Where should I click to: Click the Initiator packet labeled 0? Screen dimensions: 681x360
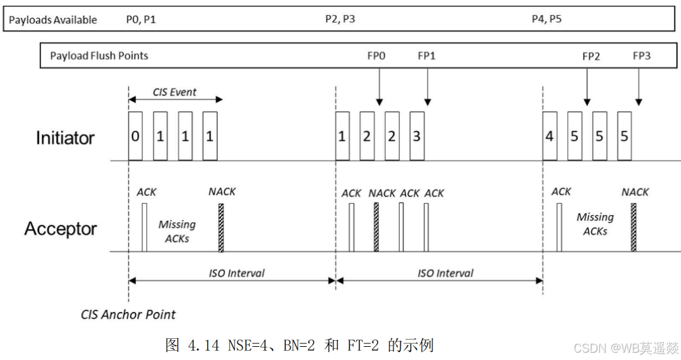tap(135, 136)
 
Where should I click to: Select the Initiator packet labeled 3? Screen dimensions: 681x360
tap(417, 136)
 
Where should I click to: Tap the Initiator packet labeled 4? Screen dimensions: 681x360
tap(550, 136)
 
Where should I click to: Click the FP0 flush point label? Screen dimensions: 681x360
tap(376, 55)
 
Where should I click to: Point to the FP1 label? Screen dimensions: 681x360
tap(427, 55)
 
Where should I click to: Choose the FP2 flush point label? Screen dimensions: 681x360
tap(591, 56)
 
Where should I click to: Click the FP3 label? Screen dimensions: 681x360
tap(641, 55)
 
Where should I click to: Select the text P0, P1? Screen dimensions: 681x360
tap(140, 20)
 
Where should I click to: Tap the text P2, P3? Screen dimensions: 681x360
tap(340, 19)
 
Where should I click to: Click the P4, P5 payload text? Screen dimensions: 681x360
tap(547, 19)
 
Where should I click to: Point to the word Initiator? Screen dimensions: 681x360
tap(65, 138)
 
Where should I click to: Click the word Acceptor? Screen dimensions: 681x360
tap(61, 228)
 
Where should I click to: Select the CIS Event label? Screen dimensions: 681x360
tap(174, 92)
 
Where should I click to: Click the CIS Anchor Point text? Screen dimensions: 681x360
tap(128, 315)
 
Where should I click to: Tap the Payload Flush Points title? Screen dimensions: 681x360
tap(99, 55)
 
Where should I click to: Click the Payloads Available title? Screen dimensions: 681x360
tap(53, 20)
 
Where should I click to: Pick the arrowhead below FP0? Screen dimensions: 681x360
tap(380, 102)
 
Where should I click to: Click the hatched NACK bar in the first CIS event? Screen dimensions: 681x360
tap(221, 227)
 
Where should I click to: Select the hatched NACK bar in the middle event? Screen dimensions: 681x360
tap(376, 227)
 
